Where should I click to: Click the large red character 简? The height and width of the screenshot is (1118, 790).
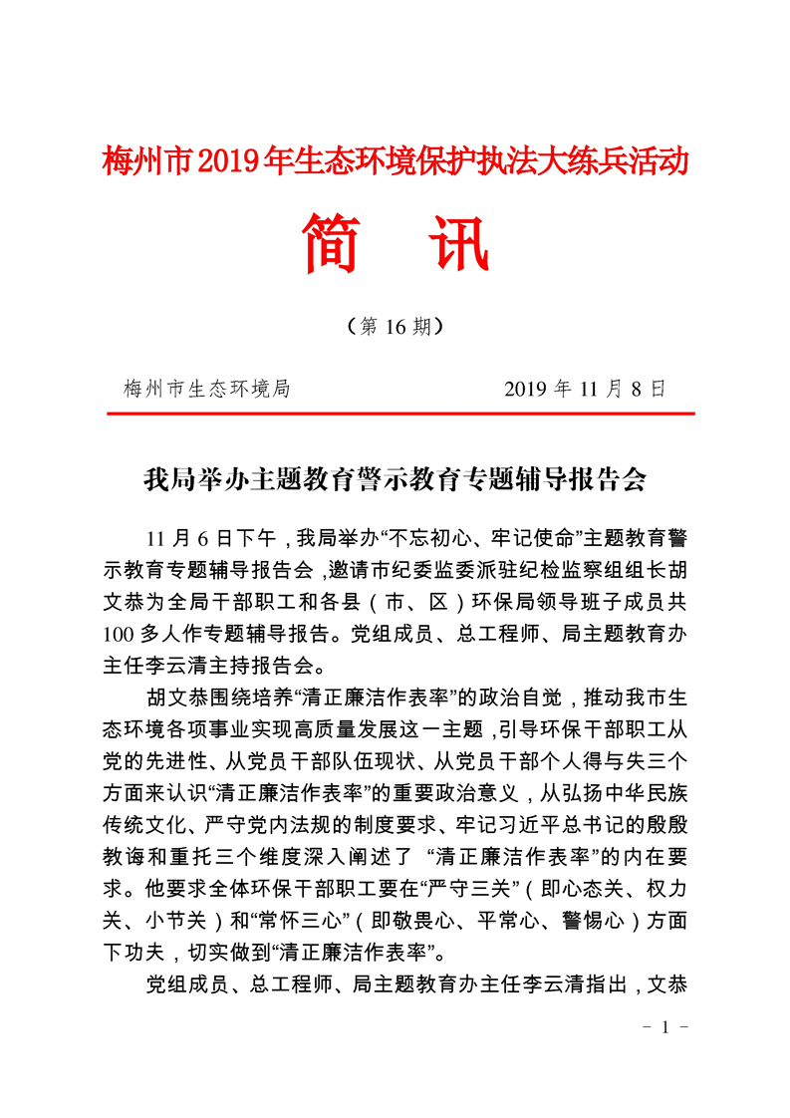(332, 243)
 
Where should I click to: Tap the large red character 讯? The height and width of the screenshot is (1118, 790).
(457, 243)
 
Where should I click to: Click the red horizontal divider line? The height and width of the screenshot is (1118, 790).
(399, 413)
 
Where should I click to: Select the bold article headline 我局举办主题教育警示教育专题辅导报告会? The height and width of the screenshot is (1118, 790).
(395, 481)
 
